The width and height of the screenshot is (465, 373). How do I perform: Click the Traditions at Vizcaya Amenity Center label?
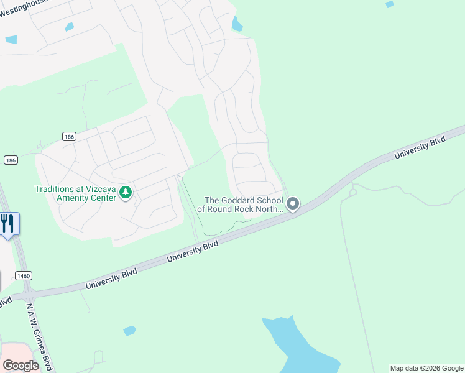(75, 193)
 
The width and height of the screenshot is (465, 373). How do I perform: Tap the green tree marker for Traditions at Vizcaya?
(126, 193)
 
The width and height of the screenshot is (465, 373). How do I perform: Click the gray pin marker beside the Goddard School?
(293, 204)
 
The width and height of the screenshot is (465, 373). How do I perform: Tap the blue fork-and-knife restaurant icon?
(7, 223)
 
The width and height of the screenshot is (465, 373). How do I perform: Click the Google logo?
(21, 365)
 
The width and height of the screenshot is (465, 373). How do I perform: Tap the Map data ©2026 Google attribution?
(426, 368)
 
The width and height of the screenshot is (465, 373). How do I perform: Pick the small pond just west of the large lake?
(129, 331)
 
